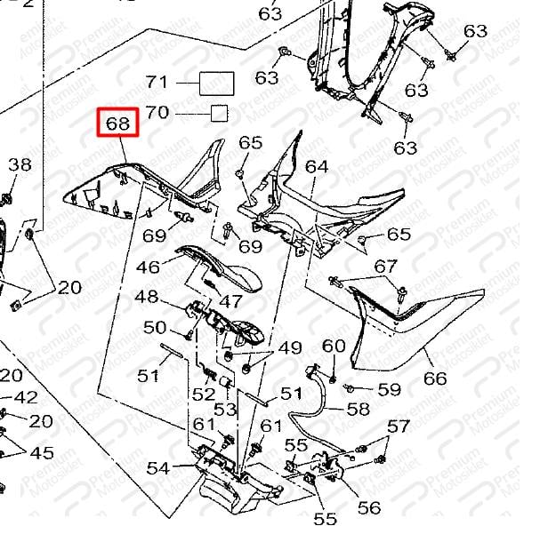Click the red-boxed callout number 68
[x=117, y=123]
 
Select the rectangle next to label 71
[x=216, y=84]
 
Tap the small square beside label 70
[x=219, y=113]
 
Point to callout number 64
[x=317, y=167]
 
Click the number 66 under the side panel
[x=435, y=379]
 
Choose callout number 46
[x=148, y=267]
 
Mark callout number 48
[x=147, y=297]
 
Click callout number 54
[x=158, y=468]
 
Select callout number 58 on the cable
[x=359, y=409]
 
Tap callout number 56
[x=369, y=508]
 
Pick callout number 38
[x=20, y=164]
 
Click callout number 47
[x=230, y=301]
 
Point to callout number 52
[x=204, y=395]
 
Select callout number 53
[x=226, y=410]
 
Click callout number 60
[x=334, y=346]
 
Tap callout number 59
[x=389, y=389]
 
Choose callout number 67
[x=385, y=267]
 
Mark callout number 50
[x=155, y=328]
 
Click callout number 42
[x=26, y=398]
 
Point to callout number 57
[x=399, y=426]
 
